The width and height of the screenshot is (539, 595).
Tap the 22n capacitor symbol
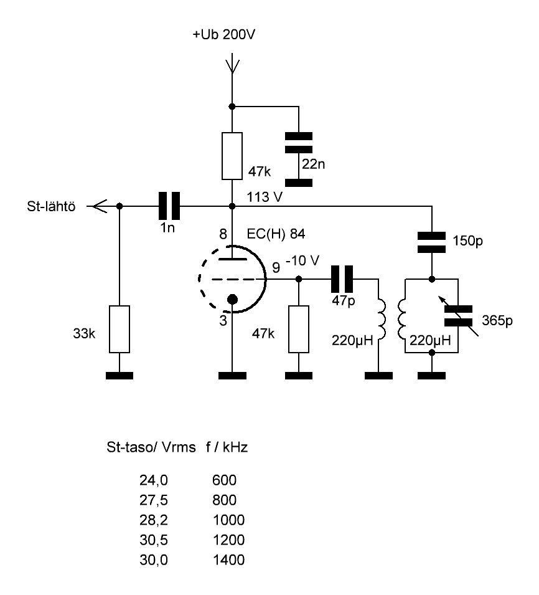299,143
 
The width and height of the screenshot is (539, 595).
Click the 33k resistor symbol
120,328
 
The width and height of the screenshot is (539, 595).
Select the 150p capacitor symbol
432,242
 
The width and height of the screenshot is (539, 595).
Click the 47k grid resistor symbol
299,328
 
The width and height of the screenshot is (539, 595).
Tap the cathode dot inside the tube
232,300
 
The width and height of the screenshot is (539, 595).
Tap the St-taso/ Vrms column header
152,447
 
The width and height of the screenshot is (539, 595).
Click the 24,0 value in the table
154,480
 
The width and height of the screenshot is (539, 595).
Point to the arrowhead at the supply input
232,63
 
